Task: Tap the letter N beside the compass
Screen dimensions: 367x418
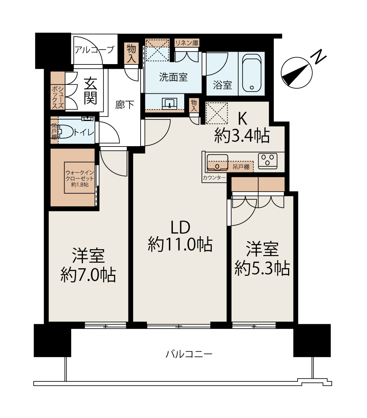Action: [x=319, y=56]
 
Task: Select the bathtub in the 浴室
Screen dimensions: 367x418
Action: [x=252, y=73]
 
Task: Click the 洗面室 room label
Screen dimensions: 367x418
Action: [x=173, y=77]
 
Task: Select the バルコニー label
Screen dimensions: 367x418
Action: [x=189, y=354]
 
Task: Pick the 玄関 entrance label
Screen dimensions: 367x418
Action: [x=90, y=92]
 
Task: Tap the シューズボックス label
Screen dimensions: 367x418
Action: [x=58, y=97]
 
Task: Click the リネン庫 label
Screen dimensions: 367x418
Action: [x=187, y=43]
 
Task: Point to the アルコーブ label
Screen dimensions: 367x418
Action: [x=94, y=49]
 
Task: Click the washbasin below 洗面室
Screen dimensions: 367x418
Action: [x=169, y=103]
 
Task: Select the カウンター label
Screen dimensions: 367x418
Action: [x=214, y=178]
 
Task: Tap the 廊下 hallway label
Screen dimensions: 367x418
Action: [x=124, y=105]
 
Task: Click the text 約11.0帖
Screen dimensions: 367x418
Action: [x=180, y=244]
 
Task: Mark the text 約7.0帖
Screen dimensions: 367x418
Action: [x=88, y=275]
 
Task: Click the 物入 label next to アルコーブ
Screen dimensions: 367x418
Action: [x=131, y=53]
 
